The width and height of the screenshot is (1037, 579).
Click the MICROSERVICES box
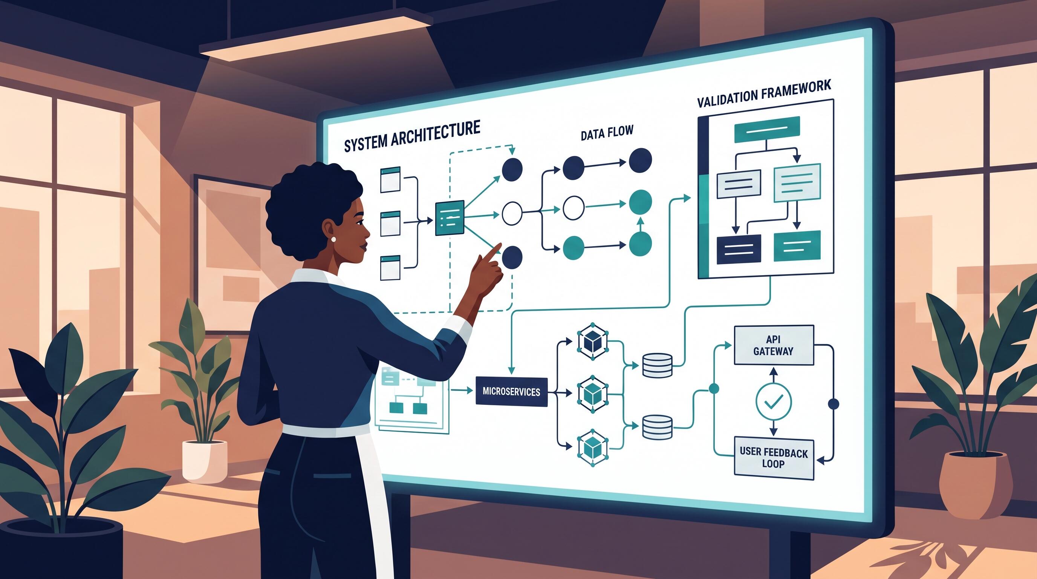[x=511, y=391]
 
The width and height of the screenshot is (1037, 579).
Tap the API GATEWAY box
[x=774, y=345]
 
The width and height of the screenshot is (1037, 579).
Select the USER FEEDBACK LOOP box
[x=774, y=458]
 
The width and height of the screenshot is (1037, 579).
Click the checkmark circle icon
[x=773, y=401]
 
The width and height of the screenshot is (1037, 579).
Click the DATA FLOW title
[x=607, y=132]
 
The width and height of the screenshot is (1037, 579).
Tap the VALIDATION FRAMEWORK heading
[x=764, y=93]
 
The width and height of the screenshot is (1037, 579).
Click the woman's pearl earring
[x=333, y=239]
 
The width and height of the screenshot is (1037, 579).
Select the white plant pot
[x=205, y=461]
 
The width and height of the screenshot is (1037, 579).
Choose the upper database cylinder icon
[x=657, y=365]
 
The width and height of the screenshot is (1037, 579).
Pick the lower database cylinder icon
[x=657, y=427]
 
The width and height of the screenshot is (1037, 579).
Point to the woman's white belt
[x=326, y=430]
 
